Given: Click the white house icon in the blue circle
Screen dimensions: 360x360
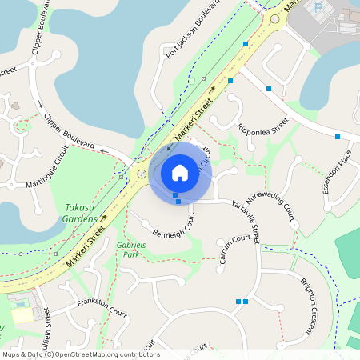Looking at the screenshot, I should click(179, 172).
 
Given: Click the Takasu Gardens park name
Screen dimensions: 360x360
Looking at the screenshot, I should click(81, 212).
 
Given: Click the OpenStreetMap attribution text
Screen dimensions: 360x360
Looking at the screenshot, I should click(81, 354).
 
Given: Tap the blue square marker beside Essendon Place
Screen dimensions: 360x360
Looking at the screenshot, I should click(338, 137).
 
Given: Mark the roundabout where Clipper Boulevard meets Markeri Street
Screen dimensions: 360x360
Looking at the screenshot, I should click(142, 174).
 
